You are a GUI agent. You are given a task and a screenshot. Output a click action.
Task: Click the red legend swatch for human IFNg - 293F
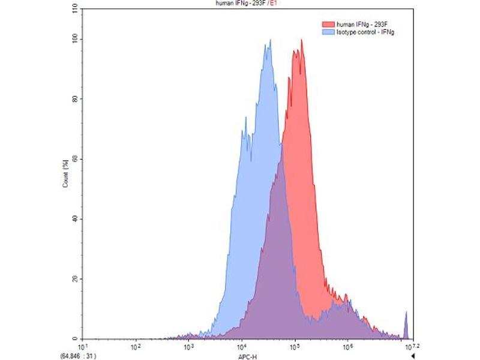328,24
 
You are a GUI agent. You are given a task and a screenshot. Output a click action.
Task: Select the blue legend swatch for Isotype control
328,31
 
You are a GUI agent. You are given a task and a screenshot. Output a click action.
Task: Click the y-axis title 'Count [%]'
65,174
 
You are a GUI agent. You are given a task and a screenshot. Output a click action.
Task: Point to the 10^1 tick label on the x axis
83,346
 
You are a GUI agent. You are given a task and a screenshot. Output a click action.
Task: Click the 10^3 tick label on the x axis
188,346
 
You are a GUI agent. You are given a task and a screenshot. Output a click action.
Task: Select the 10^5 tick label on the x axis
295,346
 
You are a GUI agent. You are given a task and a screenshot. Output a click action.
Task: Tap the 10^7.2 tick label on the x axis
410,346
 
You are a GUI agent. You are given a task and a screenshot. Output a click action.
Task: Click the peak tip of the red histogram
302,40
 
